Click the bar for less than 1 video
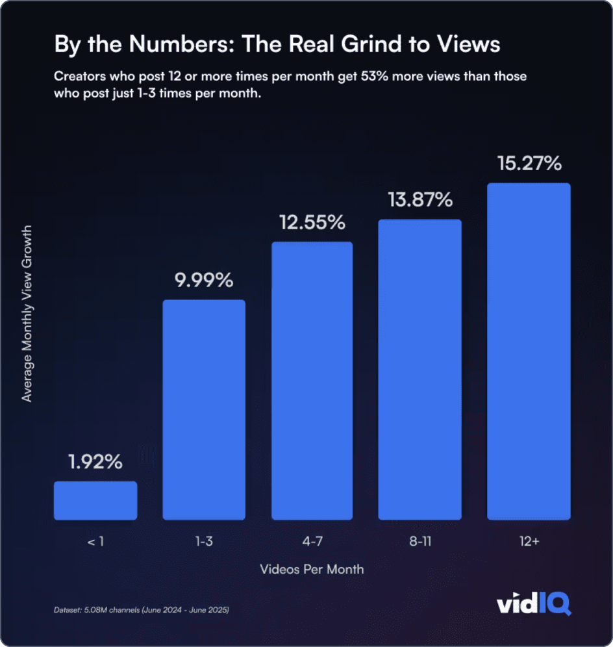pyautogui.click(x=95, y=500)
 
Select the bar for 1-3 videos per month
pyautogui.click(x=204, y=409)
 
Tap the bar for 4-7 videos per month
pyautogui.click(x=312, y=381)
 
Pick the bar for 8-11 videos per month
pyautogui.click(x=420, y=369)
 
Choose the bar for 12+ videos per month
pyautogui.click(x=529, y=351)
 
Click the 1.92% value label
pyautogui.click(x=95, y=463)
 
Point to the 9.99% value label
pyautogui.click(x=204, y=281)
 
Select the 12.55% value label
pyautogui.click(x=312, y=223)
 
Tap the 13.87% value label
pyautogui.click(x=420, y=200)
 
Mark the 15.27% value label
pyautogui.click(x=529, y=164)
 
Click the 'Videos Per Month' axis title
pyautogui.click(x=312, y=570)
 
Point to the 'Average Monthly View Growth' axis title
pyautogui.click(x=27, y=314)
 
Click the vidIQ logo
pyautogui.click(x=534, y=605)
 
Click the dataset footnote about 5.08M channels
pyautogui.click(x=142, y=611)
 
